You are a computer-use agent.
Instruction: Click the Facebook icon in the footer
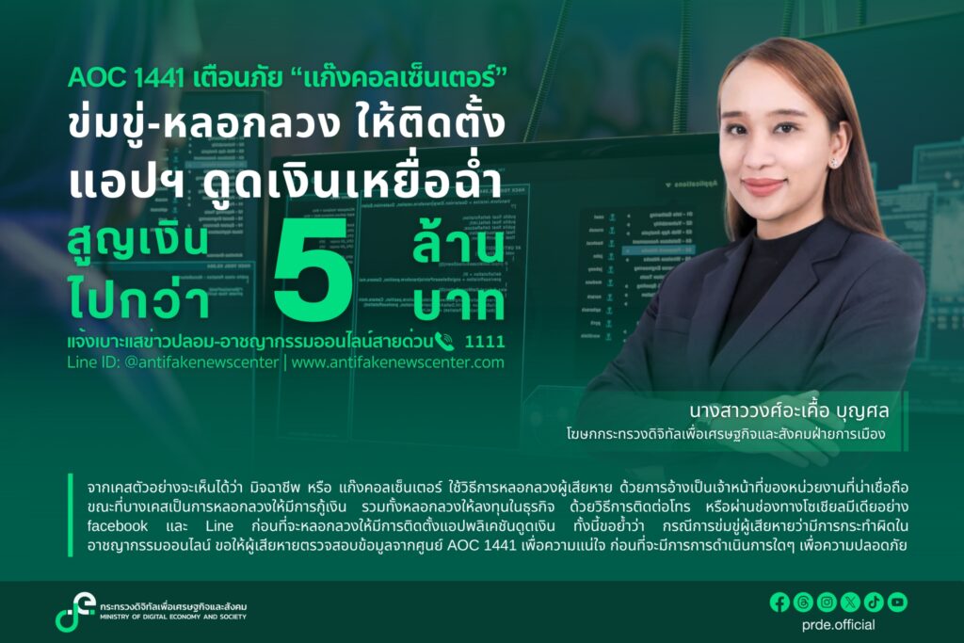pos(779,603)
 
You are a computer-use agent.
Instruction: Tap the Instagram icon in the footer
pos(827,603)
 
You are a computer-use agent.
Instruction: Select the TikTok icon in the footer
pos(875,603)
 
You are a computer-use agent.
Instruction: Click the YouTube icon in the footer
pos(897,603)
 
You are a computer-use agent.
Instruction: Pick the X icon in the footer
pos(850,603)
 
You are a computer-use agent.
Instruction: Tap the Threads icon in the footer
pos(803,603)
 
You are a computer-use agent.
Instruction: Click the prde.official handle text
pos(838,625)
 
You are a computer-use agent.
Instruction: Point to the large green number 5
pos(313,269)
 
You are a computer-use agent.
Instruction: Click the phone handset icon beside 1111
pos(444,341)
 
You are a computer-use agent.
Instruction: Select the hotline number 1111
pos(485,341)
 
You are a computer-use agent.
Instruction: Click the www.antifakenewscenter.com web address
pos(398,362)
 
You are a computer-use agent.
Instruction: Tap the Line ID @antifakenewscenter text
pos(173,362)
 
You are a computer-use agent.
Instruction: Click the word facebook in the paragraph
pos(118,526)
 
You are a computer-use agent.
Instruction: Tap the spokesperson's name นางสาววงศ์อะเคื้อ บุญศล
pos(790,410)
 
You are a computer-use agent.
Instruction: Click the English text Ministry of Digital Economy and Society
pos(173,617)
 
